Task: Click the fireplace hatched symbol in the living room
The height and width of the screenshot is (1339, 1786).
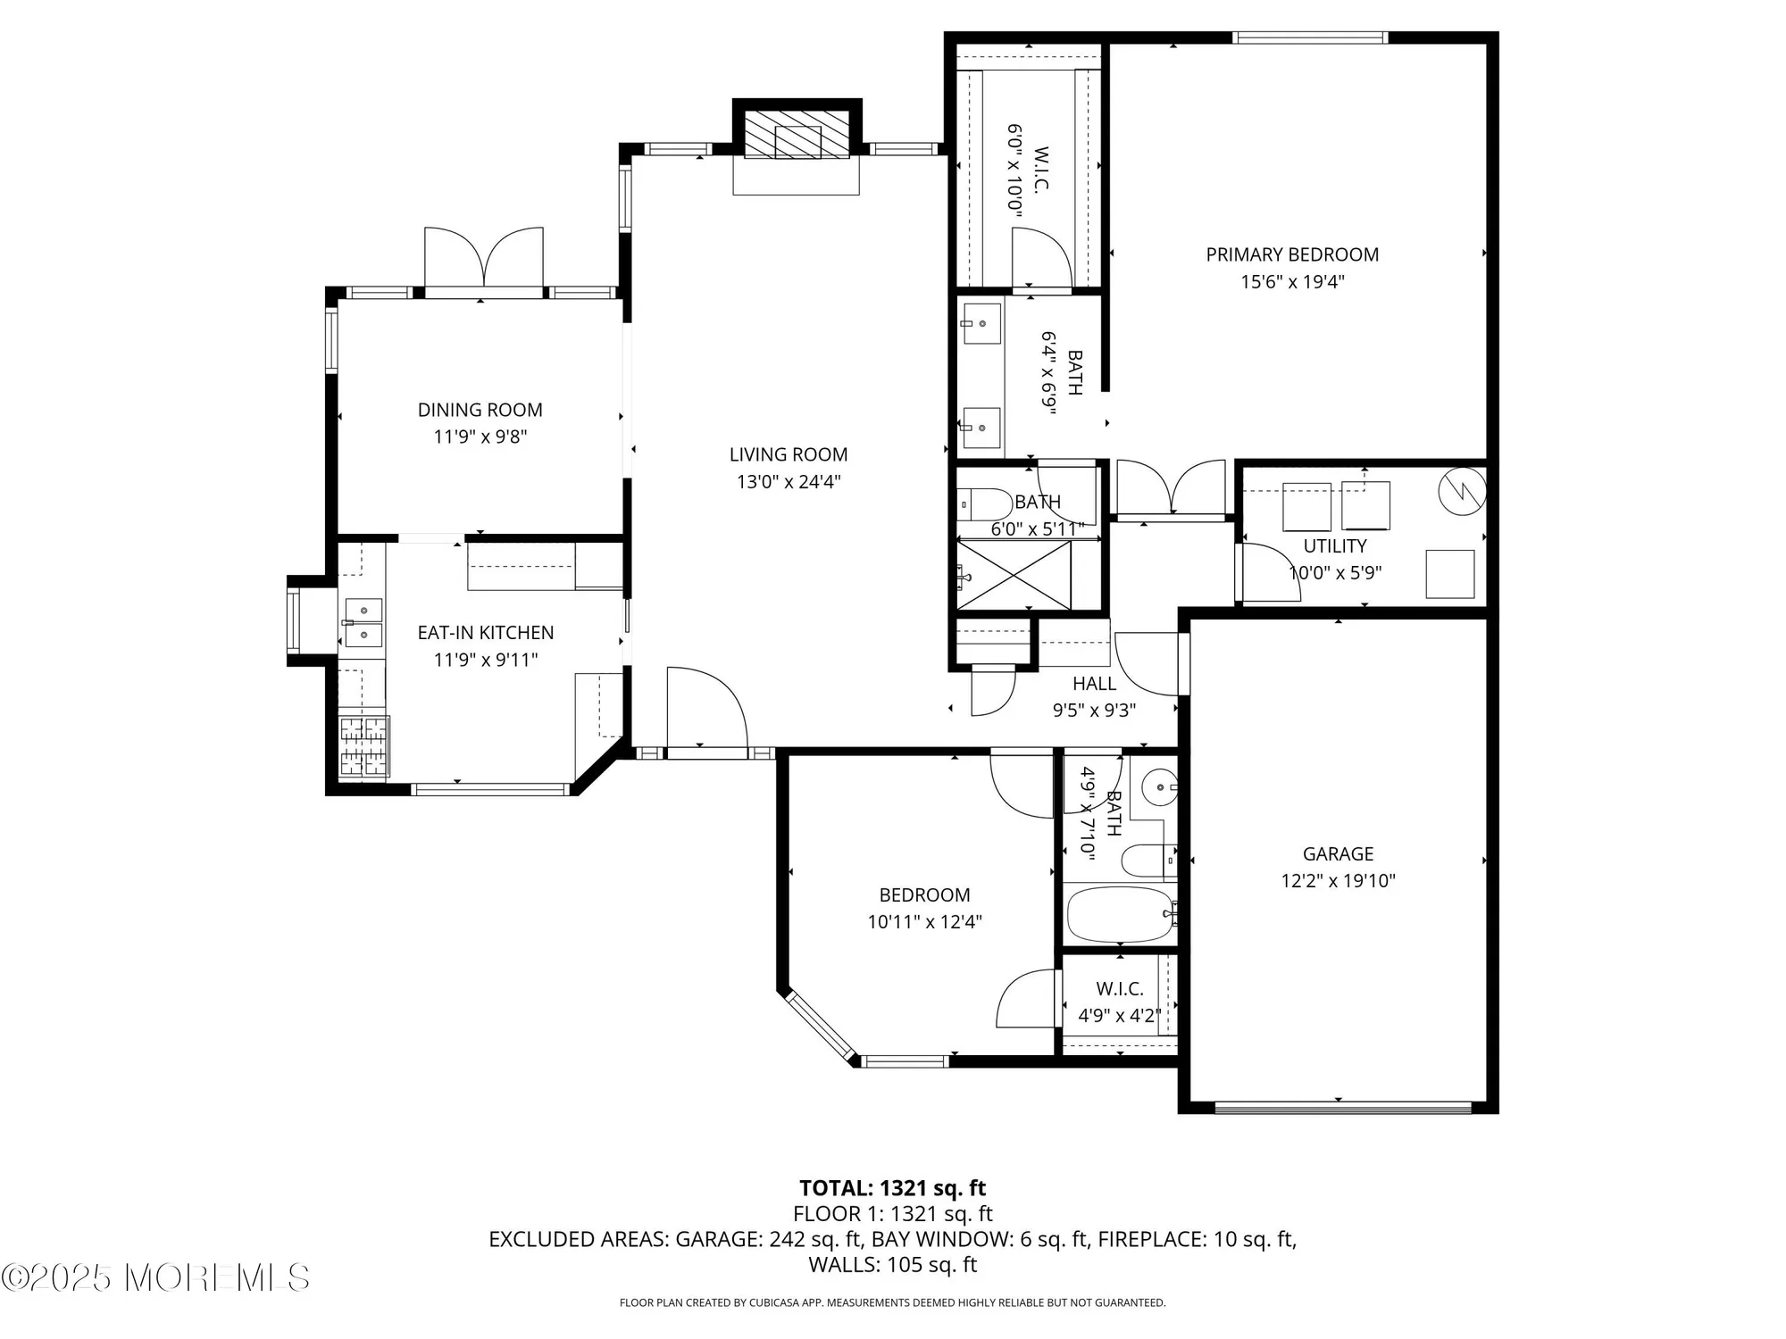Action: (797, 136)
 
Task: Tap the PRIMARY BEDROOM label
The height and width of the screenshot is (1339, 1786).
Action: (1291, 255)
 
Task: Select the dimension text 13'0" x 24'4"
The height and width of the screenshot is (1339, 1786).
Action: (788, 482)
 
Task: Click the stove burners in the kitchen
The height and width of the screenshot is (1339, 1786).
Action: (364, 745)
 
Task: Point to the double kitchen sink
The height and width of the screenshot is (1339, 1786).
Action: (363, 622)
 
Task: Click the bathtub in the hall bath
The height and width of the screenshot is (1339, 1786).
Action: (1120, 915)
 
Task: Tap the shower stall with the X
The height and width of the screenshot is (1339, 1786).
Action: (1014, 576)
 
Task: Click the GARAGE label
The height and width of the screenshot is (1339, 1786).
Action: (1337, 854)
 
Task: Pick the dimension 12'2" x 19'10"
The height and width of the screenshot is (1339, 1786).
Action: (1337, 881)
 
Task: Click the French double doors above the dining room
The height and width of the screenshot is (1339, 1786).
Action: (483, 259)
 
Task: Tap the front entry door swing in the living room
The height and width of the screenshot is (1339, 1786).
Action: (705, 710)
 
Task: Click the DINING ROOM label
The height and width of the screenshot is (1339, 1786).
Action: (480, 410)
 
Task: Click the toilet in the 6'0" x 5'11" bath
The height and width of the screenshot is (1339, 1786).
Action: (982, 504)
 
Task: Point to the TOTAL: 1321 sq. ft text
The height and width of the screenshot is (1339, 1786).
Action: (892, 1188)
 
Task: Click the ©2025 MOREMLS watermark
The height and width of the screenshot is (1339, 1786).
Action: (155, 1277)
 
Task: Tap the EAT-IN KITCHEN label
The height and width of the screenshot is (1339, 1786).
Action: (485, 633)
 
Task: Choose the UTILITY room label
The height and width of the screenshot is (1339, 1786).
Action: (1334, 546)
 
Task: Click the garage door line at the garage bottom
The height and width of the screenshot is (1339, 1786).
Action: (1342, 1108)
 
